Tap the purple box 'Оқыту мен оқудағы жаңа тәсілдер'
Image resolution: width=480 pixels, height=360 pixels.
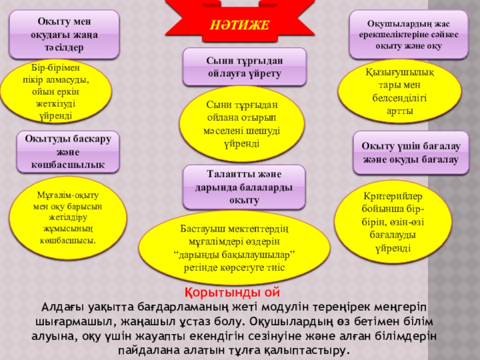click(65, 33)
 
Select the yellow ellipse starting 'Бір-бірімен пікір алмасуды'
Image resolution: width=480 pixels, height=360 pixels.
click(56, 90)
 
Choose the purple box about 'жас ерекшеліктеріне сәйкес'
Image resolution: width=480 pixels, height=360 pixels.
click(409, 34)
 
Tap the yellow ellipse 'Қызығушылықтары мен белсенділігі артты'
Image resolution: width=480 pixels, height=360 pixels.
click(400, 92)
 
